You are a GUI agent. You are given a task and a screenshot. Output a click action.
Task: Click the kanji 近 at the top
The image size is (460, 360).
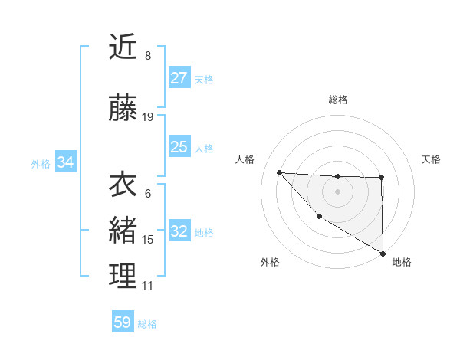click(123, 47)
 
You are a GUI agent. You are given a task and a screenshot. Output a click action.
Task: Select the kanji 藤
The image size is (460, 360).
click(123, 110)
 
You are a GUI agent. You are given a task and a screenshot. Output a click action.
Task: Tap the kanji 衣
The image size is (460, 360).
click(123, 185)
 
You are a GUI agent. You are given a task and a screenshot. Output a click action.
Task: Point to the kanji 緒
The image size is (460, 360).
click(123, 231)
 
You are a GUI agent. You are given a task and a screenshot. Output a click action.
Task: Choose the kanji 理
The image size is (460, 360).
click(123, 277)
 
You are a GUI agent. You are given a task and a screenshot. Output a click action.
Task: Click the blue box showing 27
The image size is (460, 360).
click(179, 78)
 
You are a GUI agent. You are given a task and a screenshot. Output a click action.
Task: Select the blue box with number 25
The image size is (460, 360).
click(179, 147)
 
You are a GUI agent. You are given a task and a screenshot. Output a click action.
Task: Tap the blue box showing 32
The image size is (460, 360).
click(179, 231)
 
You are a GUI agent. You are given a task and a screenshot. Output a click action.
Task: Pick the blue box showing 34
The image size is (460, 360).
click(66, 162)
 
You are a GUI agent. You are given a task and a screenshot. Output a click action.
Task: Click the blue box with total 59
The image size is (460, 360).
click(123, 322)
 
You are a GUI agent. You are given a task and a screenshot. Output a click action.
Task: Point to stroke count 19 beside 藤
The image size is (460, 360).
click(148, 117)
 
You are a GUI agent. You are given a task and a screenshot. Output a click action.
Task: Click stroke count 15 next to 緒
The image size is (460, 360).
click(148, 240)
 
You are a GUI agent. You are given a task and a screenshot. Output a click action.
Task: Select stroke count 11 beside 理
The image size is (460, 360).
click(148, 286)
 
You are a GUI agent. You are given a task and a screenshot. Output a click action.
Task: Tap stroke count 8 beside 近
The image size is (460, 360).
click(148, 56)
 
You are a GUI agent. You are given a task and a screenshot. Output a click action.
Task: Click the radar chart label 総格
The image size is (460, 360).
click(338, 100)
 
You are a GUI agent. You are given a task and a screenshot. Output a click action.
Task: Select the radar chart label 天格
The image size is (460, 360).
click(431, 159)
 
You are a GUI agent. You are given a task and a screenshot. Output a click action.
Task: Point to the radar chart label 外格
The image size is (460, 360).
click(270, 262)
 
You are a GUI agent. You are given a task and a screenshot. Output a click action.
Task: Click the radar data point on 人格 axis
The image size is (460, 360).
click(279, 172)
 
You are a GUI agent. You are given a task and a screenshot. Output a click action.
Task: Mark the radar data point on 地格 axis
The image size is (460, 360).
click(383, 254)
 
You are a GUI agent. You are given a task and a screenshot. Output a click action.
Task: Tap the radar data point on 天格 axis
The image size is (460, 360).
click(381, 178)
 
